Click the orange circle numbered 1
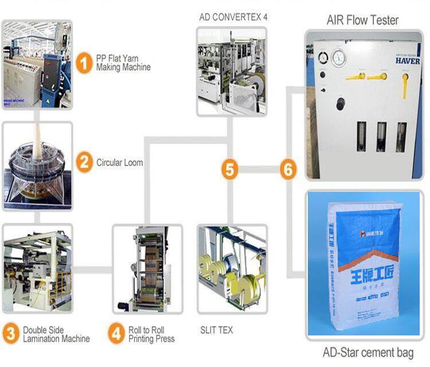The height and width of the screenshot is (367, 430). [x=84, y=63]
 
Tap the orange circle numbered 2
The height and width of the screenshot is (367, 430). [x=84, y=163]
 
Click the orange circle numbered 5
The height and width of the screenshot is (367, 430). [x=230, y=169]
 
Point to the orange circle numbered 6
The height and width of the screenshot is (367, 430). [x=288, y=169]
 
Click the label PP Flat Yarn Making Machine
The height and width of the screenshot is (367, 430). [x=123, y=63]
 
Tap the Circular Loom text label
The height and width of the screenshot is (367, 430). [x=119, y=163]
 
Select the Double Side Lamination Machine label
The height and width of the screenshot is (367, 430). [x=56, y=334]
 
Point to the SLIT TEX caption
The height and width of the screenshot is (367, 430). [x=217, y=330]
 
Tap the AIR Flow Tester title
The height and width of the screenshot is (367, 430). [x=362, y=20]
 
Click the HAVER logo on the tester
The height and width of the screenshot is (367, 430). [x=407, y=60]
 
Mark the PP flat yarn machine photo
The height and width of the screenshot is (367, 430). [x=37, y=64]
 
